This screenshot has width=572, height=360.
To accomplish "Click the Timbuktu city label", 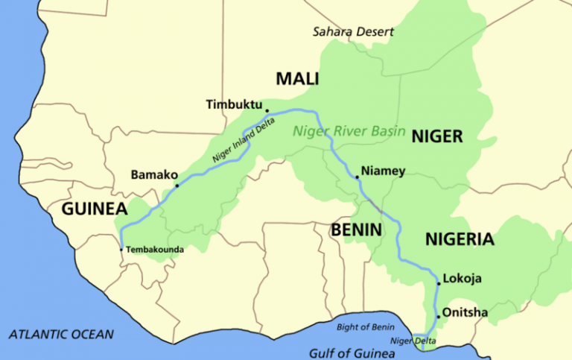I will (234, 106).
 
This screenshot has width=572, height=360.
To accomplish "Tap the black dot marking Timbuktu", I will (267, 110).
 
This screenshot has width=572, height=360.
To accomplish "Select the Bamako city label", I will (151, 175).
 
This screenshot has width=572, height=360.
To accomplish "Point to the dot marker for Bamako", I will (177, 186).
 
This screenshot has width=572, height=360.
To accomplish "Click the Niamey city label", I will (384, 171).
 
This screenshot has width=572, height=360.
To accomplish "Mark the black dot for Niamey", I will (357, 177).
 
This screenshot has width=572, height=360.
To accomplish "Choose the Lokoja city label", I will (463, 279).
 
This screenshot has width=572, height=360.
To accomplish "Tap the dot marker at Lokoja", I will (439, 284).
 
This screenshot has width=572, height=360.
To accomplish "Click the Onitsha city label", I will (465, 312).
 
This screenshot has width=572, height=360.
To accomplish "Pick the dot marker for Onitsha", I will (439, 317).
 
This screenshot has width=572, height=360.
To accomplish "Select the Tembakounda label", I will (155, 250).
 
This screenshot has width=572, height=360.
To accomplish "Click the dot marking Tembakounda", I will (121, 249).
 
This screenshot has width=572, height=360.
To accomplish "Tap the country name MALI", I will (298, 78).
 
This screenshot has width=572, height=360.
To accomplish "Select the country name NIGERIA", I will (460, 239).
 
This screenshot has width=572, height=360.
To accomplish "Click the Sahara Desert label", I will (353, 32).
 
